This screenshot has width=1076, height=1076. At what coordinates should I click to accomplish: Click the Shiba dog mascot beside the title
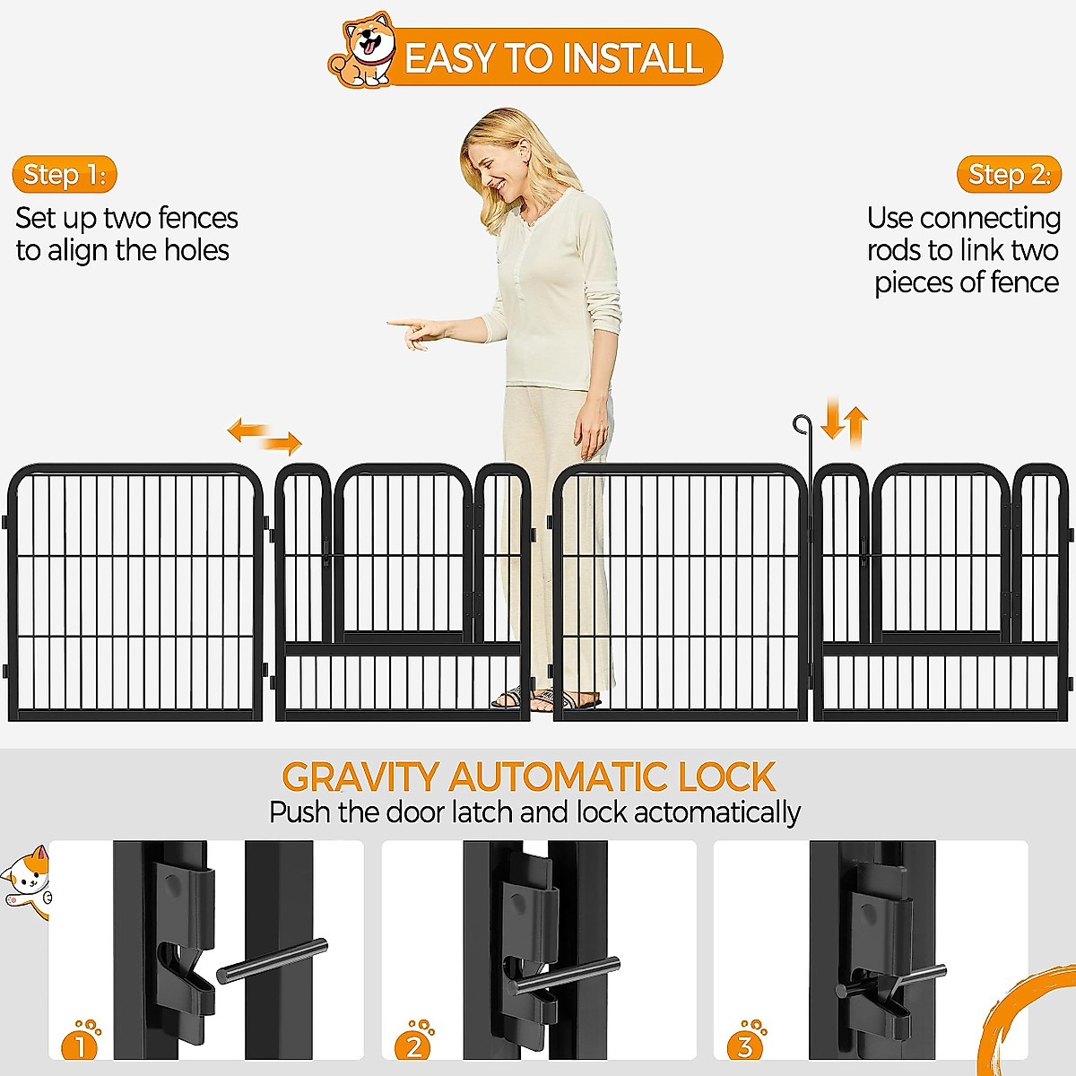[363, 52]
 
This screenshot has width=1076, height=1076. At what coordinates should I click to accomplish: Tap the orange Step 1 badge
[65, 174]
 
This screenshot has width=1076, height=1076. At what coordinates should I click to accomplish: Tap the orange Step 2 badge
[1009, 174]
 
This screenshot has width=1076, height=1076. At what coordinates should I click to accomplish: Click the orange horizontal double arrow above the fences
[265, 435]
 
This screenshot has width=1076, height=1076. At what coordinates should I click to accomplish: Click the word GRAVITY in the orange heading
[360, 777]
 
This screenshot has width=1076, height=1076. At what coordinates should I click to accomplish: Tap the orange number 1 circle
[80, 1045]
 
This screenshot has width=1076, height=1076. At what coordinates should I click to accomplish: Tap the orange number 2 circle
[413, 1045]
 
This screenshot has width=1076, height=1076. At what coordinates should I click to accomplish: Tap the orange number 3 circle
[744, 1045]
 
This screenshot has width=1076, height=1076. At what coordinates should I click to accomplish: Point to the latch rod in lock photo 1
[272, 960]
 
